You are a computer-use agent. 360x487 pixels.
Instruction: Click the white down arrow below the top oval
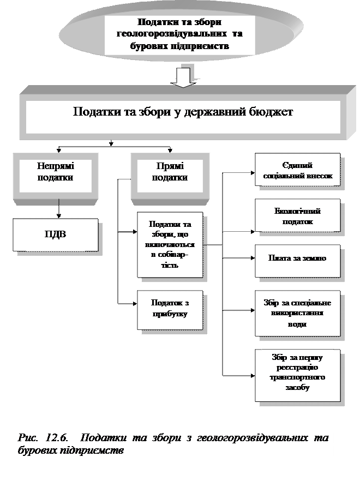click(x=183, y=77)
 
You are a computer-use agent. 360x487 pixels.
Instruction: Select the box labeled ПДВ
click(x=56, y=235)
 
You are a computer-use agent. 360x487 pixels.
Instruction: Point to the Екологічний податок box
click(x=297, y=217)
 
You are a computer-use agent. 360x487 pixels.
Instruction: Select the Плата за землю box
click(x=297, y=258)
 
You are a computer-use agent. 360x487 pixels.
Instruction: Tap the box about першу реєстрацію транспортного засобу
click(x=297, y=372)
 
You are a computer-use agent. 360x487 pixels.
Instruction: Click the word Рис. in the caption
click(x=28, y=438)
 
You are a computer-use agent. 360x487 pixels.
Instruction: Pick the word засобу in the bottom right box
click(x=297, y=387)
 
